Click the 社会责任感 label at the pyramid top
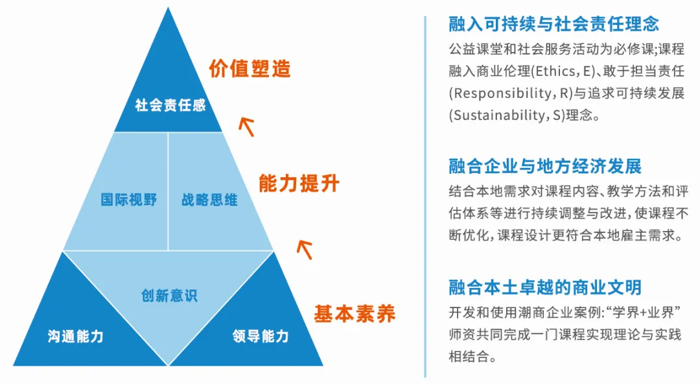coord(170,105)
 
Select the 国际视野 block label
coord(128,200)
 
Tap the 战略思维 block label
coord(209,200)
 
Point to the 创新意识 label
coord(169,296)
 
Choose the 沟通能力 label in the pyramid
coord(76,336)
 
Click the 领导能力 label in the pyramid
coord(261,336)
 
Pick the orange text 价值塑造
coord(250,69)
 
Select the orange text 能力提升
coord(299,184)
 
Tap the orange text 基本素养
coord(355,315)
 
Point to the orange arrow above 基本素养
coord(304,247)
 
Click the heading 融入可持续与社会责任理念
coord(554,25)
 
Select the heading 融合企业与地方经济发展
coord(545,166)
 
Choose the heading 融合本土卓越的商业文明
coord(545,286)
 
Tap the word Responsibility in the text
coord(497,93)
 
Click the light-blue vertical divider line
coord(425,195)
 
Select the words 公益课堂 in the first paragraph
coord(471,49)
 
